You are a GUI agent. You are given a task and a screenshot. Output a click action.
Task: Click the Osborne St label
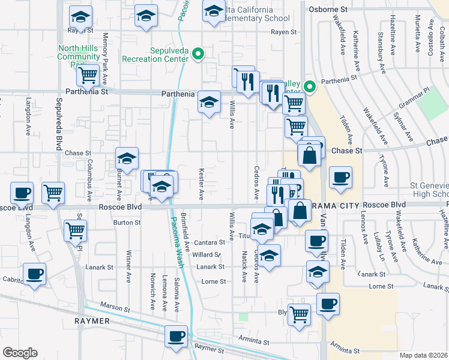tap(328, 10)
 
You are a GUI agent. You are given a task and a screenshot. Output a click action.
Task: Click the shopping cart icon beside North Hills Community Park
tap(88, 75)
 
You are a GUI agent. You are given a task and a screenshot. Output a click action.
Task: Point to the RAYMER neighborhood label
tap(91, 321)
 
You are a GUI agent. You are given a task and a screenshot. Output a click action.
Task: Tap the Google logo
tap(20, 353)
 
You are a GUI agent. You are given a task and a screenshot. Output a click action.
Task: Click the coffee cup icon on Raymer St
tap(176, 336)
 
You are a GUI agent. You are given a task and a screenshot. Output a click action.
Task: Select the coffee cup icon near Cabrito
tap(34, 274)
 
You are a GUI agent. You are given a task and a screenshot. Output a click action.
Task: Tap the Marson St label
tap(115, 308)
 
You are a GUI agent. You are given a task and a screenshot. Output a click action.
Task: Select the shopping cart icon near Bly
tap(299, 314)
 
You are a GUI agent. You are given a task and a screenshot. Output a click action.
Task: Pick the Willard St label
tap(208, 255)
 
